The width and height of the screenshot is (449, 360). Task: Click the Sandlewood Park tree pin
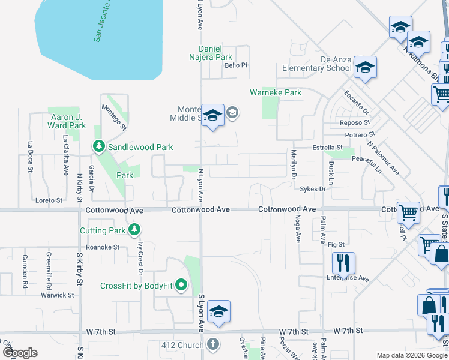[x=98, y=146]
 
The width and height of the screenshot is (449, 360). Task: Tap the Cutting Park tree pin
[x=135, y=229]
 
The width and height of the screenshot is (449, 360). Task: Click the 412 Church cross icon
[x=211, y=345]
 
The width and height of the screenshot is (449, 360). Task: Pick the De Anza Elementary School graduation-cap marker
[x=364, y=68]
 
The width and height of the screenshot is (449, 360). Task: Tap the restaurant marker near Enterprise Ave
[x=344, y=262]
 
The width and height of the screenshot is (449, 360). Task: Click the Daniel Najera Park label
[x=215, y=53]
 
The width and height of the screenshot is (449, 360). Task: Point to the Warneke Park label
[x=276, y=93]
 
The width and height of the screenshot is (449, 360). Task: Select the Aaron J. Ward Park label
[x=67, y=122]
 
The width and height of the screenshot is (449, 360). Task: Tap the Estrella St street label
[x=327, y=147]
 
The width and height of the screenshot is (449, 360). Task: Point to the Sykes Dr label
[x=313, y=189]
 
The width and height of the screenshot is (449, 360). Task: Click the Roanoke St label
[x=103, y=247]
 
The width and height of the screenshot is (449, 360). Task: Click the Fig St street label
[x=336, y=244]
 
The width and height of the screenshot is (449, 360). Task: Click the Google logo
[x=20, y=353]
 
